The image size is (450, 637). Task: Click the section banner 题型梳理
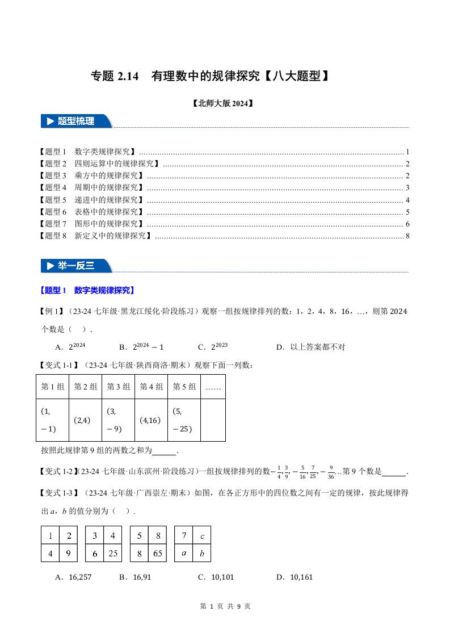(x=76, y=121)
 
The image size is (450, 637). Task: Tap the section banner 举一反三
(x=76, y=266)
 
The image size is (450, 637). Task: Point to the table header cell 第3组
(x=118, y=387)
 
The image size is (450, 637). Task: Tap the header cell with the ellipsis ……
(x=213, y=387)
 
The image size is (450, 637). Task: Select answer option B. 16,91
(x=135, y=577)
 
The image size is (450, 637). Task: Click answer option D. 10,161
(x=294, y=577)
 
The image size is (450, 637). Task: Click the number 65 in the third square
(x=157, y=553)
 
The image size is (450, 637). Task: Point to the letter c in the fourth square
(x=202, y=535)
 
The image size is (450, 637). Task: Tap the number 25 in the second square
(x=112, y=553)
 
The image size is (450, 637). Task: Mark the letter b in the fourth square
(x=202, y=553)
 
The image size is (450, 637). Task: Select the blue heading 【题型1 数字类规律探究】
(x=87, y=290)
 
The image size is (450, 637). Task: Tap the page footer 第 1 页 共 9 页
(x=225, y=606)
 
